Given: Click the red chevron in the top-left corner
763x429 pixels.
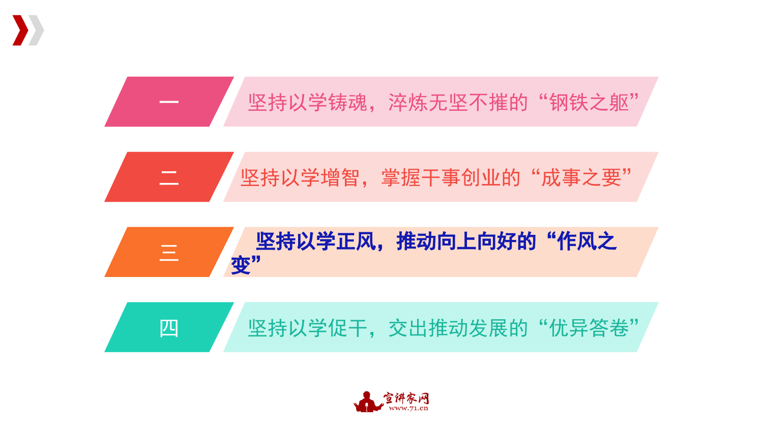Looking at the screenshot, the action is click(21, 30).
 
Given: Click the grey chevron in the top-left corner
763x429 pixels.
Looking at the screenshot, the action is click(37, 30).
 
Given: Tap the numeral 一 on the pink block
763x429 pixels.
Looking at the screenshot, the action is click(169, 102).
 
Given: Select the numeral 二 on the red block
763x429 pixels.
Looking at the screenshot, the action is click(169, 177).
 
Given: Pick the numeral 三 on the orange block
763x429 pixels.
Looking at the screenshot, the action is click(169, 253).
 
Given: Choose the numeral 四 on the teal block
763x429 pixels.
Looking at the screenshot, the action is click(169, 328).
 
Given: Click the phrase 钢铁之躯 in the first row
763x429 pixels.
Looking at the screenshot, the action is click(589, 102).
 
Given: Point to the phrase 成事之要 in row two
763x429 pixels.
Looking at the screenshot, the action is click(581, 177).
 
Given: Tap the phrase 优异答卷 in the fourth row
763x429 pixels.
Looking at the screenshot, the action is click(589, 328).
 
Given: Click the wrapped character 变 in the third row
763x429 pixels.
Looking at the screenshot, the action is click(241, 265).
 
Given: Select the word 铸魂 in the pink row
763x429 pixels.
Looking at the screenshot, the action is click(348, 102).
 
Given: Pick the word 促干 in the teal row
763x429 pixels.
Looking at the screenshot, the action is click(348, 328).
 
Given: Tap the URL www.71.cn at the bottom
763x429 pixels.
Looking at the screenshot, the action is click(408, 408).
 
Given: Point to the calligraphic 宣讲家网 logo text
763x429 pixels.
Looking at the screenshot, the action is click(406, 397).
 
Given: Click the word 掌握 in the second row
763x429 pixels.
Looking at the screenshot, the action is click(401, 177).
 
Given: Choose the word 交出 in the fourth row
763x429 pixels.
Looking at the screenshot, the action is click(408, 328).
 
